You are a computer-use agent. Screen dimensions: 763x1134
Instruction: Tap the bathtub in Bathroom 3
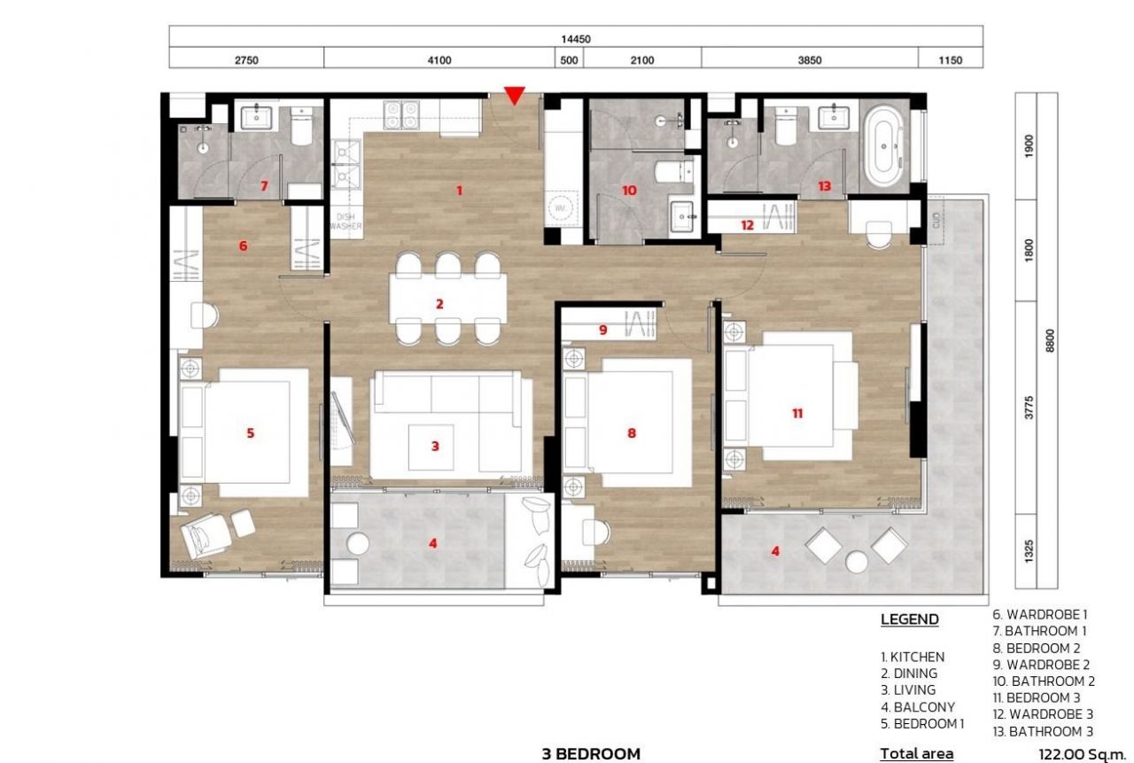tap(882, 146)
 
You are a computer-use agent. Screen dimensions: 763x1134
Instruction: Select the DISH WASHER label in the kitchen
tap(345, 222)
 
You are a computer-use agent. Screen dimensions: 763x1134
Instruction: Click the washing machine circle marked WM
tap(560, 206)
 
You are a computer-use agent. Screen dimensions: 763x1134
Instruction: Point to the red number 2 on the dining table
tap(439, 304)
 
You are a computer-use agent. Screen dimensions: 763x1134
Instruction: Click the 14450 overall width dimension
tap(576, 39)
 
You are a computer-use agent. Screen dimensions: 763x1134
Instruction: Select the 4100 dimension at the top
tap(439, 60)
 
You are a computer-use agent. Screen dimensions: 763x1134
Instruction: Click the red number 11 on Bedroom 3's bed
tap(797, 413)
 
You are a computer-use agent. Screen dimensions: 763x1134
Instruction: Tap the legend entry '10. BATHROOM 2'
tap(1043, 681)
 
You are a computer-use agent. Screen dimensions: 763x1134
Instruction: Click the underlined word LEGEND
tap(909, 619)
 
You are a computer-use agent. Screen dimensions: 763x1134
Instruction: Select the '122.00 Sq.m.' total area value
tap(1081, 754)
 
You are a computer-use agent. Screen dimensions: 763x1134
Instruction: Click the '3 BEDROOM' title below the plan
tap(591, 754)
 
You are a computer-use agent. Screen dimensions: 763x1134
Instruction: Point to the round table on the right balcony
tap(857, 561)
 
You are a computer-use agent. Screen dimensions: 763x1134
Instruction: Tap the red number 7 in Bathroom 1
tap(263, 185)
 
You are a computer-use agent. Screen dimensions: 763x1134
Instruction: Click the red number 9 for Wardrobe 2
tap(602, 330)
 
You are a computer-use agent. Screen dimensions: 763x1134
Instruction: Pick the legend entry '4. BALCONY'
tap(917, 707)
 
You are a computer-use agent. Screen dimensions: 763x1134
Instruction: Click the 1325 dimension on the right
tap(1029, 550)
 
